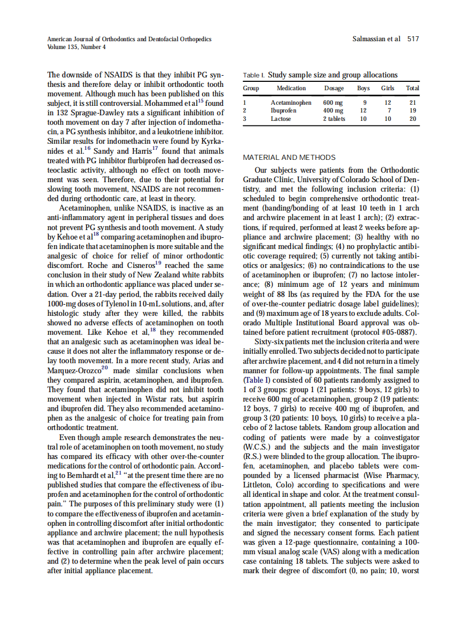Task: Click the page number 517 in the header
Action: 413,39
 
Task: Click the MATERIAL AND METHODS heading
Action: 289,157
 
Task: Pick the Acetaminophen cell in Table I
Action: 291,102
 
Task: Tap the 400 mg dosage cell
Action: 333,110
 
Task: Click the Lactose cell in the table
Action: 281,119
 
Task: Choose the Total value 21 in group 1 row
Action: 412,102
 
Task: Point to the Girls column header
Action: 387,88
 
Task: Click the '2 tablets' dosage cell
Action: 334,119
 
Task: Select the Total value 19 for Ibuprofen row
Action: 412,110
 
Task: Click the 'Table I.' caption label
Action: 254,75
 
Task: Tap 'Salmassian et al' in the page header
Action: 377,39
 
